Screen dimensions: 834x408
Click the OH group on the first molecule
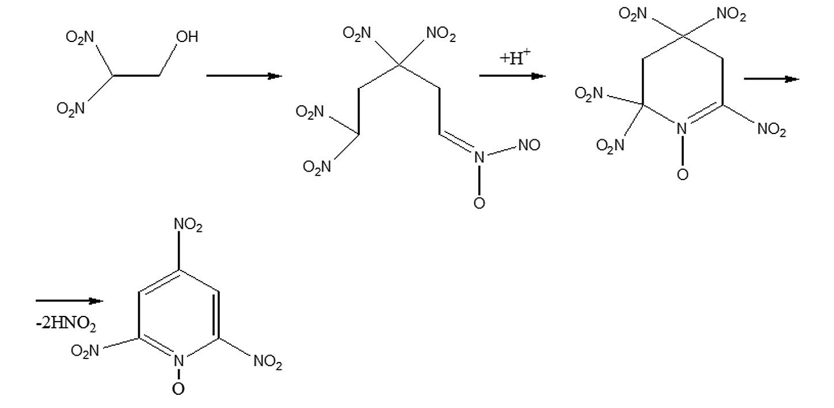click(187, 37)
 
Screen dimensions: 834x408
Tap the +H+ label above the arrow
click(515, 58)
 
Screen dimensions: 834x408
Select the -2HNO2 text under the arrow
click(66, 324)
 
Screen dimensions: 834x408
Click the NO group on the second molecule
click(529, 145)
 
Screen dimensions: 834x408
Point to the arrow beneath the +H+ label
click(512, 76)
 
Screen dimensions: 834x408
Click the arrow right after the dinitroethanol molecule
click(244, 76)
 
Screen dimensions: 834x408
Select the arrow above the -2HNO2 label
click(70, 301)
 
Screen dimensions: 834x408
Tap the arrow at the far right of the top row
click(771, 79)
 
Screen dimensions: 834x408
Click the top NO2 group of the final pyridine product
click(188, 225)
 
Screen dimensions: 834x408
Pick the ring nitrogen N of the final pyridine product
click(178, 361)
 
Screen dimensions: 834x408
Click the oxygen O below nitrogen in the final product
click(178, 389)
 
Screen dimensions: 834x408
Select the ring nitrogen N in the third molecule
click(681, 129)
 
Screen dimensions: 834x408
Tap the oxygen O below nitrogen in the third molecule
click(682, 174)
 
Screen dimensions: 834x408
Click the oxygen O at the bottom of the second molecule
click(479, 203)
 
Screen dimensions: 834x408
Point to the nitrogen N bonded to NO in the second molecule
click(479, 158)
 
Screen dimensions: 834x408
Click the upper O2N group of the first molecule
click(79, 37)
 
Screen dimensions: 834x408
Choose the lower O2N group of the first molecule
click(71, 108)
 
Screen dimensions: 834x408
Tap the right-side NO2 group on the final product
click(268, 361)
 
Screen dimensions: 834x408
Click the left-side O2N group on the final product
click(85, 350)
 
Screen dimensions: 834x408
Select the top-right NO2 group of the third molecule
click(731, 14)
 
